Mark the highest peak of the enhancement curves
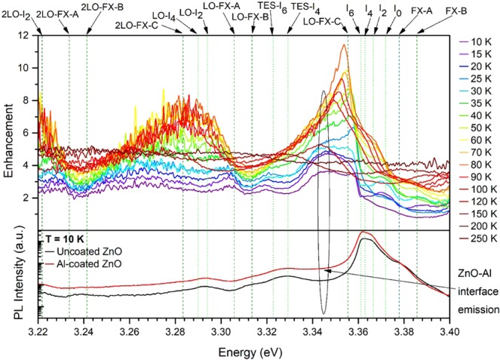[345, 45]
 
